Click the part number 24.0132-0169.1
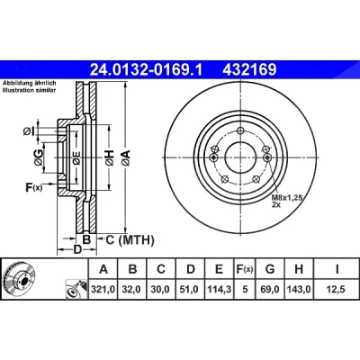coord(147,70)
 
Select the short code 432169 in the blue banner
coord(249,70)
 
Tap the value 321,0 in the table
coord(103,290)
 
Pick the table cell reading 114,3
coord(220,290)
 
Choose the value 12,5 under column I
coord(337,290)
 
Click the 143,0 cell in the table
coord(299,290)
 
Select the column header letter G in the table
coord(270,269)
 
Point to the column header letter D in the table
coord(191,269)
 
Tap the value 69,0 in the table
coord(270,290)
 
